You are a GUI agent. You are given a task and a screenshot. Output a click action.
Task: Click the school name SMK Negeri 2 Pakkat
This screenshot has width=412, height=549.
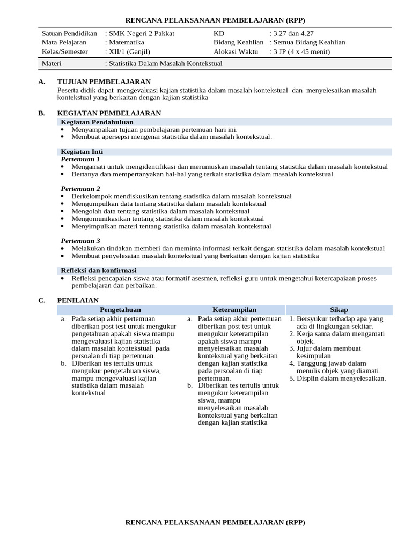(x=142, y=34)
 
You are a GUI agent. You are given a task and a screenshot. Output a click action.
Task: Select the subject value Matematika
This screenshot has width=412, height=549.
(x=129, y=43)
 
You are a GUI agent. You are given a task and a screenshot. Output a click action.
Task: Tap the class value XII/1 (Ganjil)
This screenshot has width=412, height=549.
(x=130, y=52)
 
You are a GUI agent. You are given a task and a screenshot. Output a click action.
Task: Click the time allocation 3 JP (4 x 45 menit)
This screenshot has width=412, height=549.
(x=302, y=52)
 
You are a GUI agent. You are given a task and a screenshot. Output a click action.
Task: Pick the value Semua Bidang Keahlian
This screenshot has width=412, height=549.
(x=309, y=43)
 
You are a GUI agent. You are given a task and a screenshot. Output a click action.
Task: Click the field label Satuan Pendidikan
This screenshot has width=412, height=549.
(x=69, y=34)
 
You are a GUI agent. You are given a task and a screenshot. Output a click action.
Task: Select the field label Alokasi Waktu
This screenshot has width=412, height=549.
(x=236, y=52)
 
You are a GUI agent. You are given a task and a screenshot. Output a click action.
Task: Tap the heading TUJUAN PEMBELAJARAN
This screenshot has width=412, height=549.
(x=104, y=81)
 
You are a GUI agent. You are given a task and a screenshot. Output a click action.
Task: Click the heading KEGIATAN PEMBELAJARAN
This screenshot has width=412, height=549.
(x=109, y=113)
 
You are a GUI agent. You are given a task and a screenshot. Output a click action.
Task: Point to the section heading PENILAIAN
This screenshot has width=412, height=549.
(x=78, y=300)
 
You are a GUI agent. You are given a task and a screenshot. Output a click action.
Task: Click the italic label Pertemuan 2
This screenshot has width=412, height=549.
(x=80, y=189)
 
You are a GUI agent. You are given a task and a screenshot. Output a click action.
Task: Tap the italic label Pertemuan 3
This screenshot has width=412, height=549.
(x=80, y=241)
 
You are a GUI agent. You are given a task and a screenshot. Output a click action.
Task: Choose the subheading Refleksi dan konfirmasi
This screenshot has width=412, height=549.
(x=99, y=270)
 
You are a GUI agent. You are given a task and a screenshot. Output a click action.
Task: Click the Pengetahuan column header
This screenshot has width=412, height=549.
(x=120, y=310)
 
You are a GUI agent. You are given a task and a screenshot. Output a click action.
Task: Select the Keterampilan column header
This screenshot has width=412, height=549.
(x=234, y=310)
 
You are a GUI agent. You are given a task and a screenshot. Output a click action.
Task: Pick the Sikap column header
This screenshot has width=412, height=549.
(x=339, y=310)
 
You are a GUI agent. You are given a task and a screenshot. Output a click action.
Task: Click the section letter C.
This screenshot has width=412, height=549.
(x=41, y=300)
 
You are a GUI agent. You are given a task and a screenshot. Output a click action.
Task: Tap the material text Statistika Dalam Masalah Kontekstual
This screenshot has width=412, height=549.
(x=165, y=64)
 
